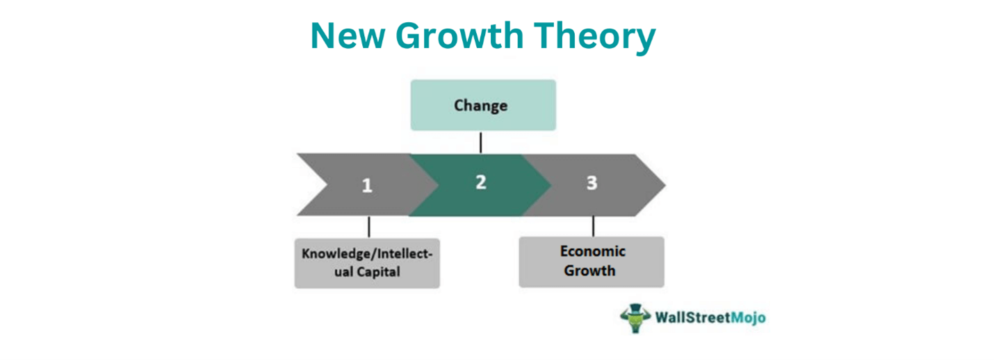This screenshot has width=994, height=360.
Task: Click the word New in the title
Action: pyautogui.click(x=348, y=35)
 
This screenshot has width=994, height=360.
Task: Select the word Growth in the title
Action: pyautogui.click(x=459, y=35)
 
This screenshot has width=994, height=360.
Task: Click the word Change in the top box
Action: pyautogui.click(x=480, y=106)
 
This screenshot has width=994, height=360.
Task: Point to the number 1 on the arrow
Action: pyautogui.click(x=367, y=186)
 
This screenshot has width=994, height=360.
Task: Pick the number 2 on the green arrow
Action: pyautogui.click(x=481, y=183)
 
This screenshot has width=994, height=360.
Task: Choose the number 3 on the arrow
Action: pyautogui.click(x=592, y=183)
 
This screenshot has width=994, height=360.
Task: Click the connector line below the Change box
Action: pyautogui.click(x=480, y=142)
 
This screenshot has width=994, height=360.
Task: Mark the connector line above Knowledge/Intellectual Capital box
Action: pyautogui.click(x=369, y=227)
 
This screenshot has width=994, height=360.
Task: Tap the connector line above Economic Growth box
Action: pyautogui.click(x=594, y=226)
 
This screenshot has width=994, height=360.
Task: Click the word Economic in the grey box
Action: pyautogui.click(x=593, y=252)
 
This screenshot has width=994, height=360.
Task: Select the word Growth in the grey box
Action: pyautogui.click(x=589, y=271)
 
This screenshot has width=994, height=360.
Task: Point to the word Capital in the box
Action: pyautogui.click(x=378, y=272)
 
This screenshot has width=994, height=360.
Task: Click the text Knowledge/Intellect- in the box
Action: pyautogui.click(x=367, y=254)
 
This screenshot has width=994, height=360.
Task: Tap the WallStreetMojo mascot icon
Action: pyautogui.click(x=635, y=318)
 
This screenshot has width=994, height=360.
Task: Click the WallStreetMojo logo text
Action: pyautogui.click(x=710, y=318)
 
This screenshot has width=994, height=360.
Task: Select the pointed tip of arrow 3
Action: pyautogui.click(x=665, y=185)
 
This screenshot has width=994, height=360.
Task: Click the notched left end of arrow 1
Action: pyautogui.click(x=327, y=185)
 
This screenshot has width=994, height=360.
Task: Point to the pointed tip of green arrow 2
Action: pyautogui.click(x=551, y=185)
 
